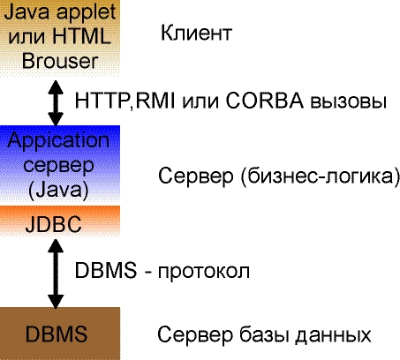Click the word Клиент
(196, 33)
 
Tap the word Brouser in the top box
(60, 61)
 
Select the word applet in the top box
(86, 13)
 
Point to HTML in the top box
(81, 36)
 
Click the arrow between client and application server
(56, 102)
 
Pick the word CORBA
(264, 101)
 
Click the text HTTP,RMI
(125, 101)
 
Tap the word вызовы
(348, 101)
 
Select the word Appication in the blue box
(58, 141)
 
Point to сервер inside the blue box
(58, 167)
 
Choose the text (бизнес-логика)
(321, 176)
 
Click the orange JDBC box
(60, 221)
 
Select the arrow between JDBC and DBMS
(56, 274)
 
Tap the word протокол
(204, 272)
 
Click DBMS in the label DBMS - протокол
(106, 270)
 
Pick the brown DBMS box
(60, 334)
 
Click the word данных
(333, 336)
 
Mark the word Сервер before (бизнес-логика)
(196, 176)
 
